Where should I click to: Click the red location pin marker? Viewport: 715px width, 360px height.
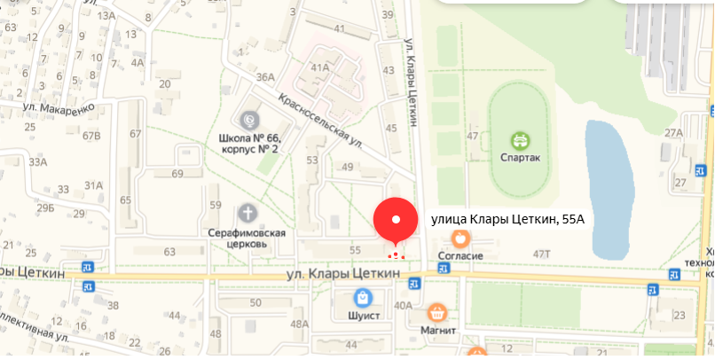point(397,220)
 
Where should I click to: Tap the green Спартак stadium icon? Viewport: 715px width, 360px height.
point(520,139)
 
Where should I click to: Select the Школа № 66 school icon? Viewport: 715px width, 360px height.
point(249,119)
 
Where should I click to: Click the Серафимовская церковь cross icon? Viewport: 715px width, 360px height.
point(249,213)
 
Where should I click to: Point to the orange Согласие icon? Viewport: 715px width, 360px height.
point(460,238)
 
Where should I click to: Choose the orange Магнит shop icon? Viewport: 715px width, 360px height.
point(436,312)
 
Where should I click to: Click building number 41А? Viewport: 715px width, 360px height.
point(320,67)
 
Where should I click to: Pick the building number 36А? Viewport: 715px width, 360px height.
point(265,77)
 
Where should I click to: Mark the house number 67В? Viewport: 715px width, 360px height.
point(91,135)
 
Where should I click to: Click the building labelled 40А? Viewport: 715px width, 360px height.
point(404,306)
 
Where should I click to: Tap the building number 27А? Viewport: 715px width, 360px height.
point(674,133)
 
